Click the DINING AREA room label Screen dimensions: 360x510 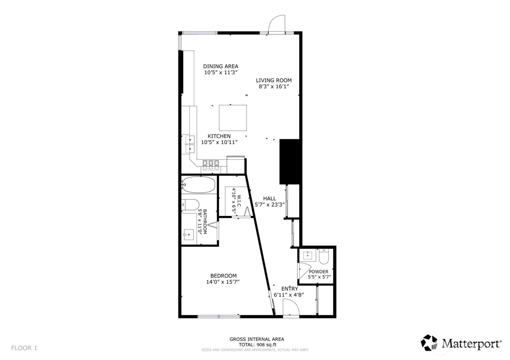pyautogui.click(x=220, y=66)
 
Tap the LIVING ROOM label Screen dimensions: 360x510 pyautogui.click(x=274, y=80)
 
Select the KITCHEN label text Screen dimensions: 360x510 pyautogui.click(x=219, y=136)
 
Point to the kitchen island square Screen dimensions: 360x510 pyautogui.click(x=233, y=118)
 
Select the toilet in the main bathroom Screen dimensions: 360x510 pyautogui.click(x=189, y=205)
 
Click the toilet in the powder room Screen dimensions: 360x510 pyautogui.click(x=323, y=257)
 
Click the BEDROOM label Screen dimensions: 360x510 pyautogui.click(x=223, y=276)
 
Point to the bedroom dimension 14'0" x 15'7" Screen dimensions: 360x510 pyautogui.click(x=223, y=282)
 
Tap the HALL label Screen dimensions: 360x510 pyautogui.click(x=270, y=198)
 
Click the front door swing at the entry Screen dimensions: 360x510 pyautogui.click(x=291, y=309)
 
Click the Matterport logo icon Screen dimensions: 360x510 pyautogui.click(x=429, y=343)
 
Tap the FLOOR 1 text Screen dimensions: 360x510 pyautogui.click(x=24, y=348)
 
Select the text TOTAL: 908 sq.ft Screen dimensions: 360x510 pyautogui.click(x=256, y=344)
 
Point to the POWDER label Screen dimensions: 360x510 pyautogui.click(x=318, y=272)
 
